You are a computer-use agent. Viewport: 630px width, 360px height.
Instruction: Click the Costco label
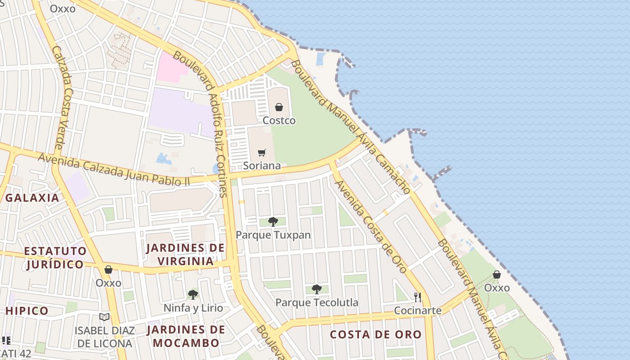coord(279,121)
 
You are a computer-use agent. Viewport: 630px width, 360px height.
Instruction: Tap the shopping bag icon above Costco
coord(279,107)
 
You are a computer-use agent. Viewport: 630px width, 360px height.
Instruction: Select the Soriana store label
coord(261,166)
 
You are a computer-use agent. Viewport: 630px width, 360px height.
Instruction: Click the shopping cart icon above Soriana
coord(262,153)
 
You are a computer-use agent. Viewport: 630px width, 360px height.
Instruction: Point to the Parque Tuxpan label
coord(273,235)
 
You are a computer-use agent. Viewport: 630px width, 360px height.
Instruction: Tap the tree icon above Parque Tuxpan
coord(273,221)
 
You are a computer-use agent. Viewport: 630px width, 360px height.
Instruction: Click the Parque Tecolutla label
coord(317,302)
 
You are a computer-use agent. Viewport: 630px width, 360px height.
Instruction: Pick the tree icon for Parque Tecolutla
coord(317,289)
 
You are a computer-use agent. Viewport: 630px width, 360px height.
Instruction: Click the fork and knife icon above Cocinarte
coord(418,297)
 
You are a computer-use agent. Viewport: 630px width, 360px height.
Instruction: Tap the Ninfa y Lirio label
coord(193,308)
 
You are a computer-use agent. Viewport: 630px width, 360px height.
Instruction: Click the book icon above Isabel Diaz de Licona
coord(104,317)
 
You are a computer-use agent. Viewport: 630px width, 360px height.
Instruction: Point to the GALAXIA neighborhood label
coord(32,198)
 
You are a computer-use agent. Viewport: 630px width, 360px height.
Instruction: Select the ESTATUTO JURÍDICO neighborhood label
coord(55,257)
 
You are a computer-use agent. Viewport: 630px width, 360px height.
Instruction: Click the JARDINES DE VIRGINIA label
coord(185,254)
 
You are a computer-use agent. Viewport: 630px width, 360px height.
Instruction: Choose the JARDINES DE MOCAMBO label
coord(186,336)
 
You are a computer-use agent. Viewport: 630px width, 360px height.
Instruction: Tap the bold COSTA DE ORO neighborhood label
coord(376,334)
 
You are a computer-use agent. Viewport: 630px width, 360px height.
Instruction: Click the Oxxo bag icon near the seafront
coord(497,274)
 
